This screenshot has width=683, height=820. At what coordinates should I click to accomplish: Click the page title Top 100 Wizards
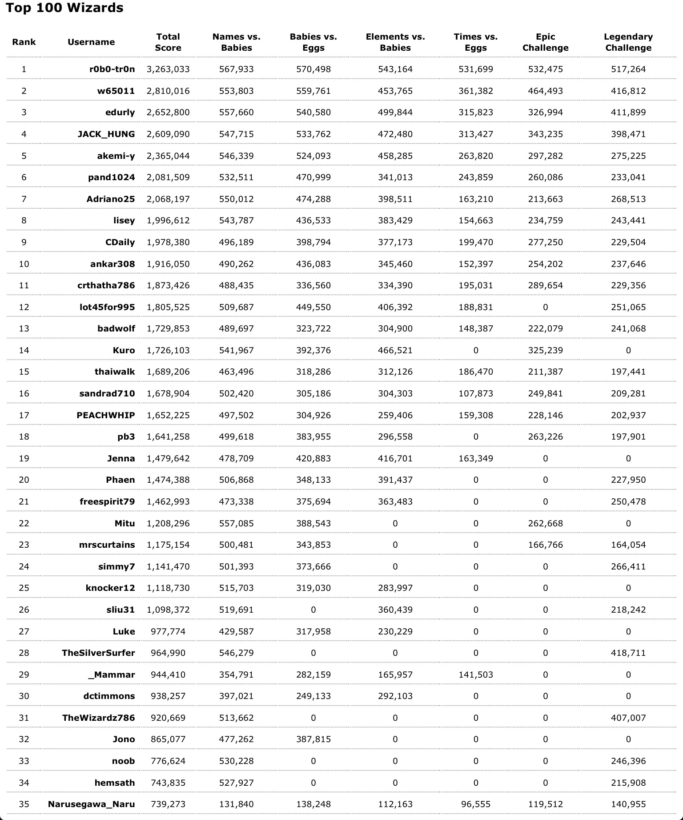coord(64,8)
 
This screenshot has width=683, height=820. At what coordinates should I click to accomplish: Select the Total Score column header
coord(168,42)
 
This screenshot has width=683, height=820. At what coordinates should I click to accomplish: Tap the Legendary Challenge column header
coord(628,42)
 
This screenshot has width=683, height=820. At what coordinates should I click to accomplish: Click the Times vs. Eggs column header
coord(475,42)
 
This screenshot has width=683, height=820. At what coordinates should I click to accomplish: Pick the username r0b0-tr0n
coord(112,69)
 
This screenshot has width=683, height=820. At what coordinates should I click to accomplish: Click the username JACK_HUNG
coord(106,134)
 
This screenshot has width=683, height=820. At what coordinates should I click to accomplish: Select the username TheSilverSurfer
coord(98,653)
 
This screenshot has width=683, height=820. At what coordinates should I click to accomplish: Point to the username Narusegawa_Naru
coord(92,804)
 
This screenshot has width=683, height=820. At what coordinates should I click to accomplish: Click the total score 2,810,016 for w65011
coord(168,91)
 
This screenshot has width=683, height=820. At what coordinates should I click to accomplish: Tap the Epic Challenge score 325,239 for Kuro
coord(545,350)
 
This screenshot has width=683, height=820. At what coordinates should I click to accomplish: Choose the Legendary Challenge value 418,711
coord(628,653)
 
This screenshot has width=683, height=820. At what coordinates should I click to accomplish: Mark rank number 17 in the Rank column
coord(24,415)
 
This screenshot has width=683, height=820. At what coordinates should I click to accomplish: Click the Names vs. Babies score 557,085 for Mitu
coord(236,523)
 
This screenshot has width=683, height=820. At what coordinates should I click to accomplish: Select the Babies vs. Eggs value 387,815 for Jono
coord(313,739)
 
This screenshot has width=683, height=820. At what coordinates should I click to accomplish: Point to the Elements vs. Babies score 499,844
coord(395,112)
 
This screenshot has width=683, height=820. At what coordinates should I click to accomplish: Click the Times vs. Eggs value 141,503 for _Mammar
coord(475,675)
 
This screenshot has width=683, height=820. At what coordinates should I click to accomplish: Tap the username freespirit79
coord(107,501)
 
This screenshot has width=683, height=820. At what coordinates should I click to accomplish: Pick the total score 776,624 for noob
coord(168,761)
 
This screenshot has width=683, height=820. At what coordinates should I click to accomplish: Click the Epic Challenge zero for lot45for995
coord(545,307)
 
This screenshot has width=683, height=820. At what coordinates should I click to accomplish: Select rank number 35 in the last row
coord(24,804)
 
